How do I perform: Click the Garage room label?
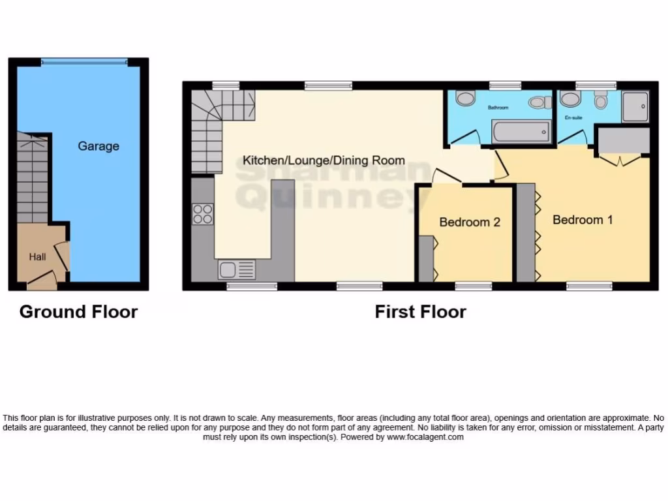pos(99,146)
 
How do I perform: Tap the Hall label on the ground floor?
pos(37,257)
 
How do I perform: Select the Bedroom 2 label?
pos(469,222)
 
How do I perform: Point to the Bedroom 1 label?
pos(583,220)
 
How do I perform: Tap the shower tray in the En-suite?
pos(635,106)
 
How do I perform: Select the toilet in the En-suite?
pos(601,100)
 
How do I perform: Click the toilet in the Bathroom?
pos(538,102)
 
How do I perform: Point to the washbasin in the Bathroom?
pos(466,99)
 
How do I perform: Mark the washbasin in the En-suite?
pos(570,99)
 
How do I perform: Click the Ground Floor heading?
pos(78,312)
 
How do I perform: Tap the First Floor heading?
pos(420,312)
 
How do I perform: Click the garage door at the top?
pos(83,61)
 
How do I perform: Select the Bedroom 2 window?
pos(473,286)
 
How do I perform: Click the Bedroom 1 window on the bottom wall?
pos(589,286)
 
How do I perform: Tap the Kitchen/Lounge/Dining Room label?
pos(324,160)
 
